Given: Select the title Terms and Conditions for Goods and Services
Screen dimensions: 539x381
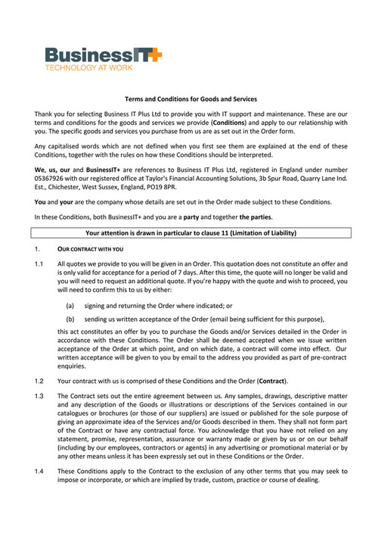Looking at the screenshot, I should (190, 99).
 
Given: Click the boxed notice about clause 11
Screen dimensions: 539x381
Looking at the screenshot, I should (190, 232).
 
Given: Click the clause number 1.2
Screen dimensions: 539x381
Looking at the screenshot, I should (39, 380).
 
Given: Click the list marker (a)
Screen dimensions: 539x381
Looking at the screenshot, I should (70, 306).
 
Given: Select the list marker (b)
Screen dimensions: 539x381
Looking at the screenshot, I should (70, 319).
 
